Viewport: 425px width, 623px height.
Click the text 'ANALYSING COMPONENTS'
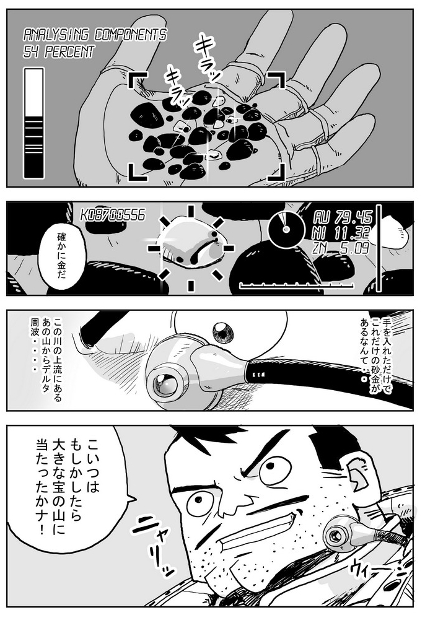pyautogui.click(x=95, y=35)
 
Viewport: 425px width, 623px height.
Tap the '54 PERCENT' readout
pyautogui.click(x=59, y=52)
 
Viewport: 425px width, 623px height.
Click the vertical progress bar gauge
pyautogui.click(x=34, y=123)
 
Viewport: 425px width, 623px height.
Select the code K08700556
pyautogui.click(x=113, y=216)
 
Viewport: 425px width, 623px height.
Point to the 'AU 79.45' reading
pyautogui.click(x=343, y=217)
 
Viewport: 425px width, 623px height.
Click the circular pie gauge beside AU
pyautogui.click(x=284, y=229)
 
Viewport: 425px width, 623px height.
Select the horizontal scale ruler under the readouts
pyautogui.click(x=297, y=285)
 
